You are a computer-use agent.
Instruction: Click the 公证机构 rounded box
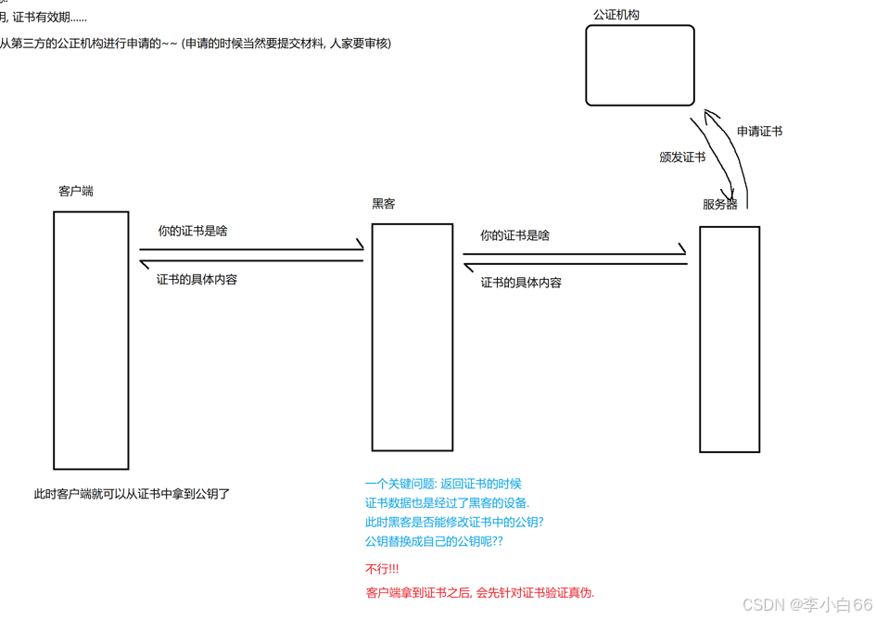click(x=640, y=65)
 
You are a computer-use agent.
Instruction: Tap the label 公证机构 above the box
click(x=616, y=15)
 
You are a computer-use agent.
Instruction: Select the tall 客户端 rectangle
click(x=91, y=340)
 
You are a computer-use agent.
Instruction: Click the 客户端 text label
click(x=76, y=191)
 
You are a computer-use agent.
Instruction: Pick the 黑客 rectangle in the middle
click(x=413, y=336)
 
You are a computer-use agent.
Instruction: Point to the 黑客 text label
click(x=384, y=204)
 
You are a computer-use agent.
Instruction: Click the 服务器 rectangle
click(x=730, y=339)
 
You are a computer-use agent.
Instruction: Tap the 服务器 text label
click(x=720, y=205)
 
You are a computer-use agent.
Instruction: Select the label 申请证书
click(x=759, y=132)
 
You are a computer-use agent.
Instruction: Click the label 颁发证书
click(x=682, y=158)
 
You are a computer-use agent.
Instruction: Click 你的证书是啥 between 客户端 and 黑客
click(x=193, y=231)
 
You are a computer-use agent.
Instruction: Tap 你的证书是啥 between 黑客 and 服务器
click(x=514, y=235)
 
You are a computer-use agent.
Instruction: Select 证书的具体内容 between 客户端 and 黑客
click(x=197, y=279)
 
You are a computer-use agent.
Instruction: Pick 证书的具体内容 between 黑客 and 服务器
click(x=521, y=283)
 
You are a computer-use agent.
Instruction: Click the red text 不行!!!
click(x=383, y=569)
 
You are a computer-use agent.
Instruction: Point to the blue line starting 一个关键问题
click(x=443, y=484)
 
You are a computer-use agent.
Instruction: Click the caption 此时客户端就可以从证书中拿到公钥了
click(x=132, y=494)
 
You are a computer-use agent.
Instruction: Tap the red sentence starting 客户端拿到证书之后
click(x=480, y=593)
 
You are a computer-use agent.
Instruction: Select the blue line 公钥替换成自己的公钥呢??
click(x=434, y=541)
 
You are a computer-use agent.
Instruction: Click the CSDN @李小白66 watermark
click(x=807, y=604)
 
